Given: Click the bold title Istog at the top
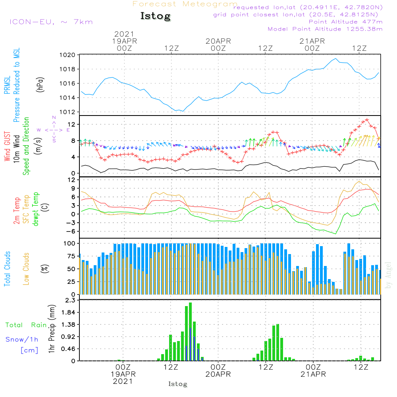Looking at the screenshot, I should pyautogui.click(x=155, y=16).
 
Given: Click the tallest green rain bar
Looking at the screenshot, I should pyautogui.click(x=191, y=331).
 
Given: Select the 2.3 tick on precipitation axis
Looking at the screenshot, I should pyautogui.click(x=71, y=301).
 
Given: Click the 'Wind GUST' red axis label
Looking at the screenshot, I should pyautogui.click(x=8, y=146).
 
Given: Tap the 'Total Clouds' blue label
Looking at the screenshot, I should pyautogui.click(x=8, y=268).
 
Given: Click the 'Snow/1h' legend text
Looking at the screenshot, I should pyautogui.click(x=22, y=339).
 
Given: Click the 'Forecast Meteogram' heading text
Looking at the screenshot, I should pyautogui.click(x=185, y=4).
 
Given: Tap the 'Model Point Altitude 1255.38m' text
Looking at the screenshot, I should pyautogui.click(x=325, y=29).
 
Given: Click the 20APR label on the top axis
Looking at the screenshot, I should pyautogui.click(x=218, y=41).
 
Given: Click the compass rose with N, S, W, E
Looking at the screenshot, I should pyautogui.click(x=54, y=129).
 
